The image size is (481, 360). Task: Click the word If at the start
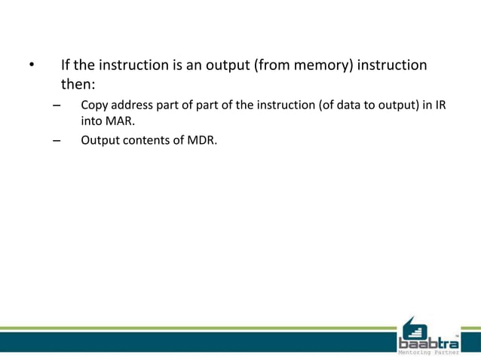(66, 66)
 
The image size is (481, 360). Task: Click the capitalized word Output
(100, 139)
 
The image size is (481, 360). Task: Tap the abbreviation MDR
(201, 139)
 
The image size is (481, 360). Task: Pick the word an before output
(192, 66)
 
